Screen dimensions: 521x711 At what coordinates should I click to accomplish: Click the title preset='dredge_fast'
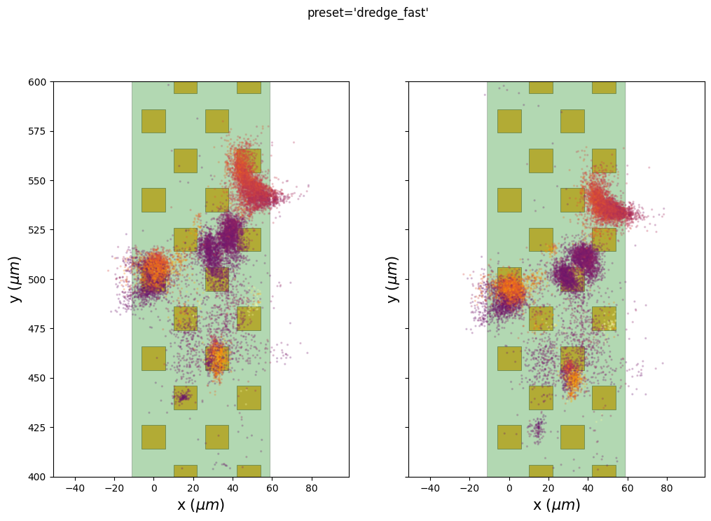368,13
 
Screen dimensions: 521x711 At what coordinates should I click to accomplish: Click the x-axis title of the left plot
200,505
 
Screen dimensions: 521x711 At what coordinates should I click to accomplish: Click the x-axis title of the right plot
556,505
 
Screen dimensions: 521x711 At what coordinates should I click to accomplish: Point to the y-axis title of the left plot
15,279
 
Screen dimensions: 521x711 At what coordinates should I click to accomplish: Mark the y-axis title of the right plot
393,279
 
